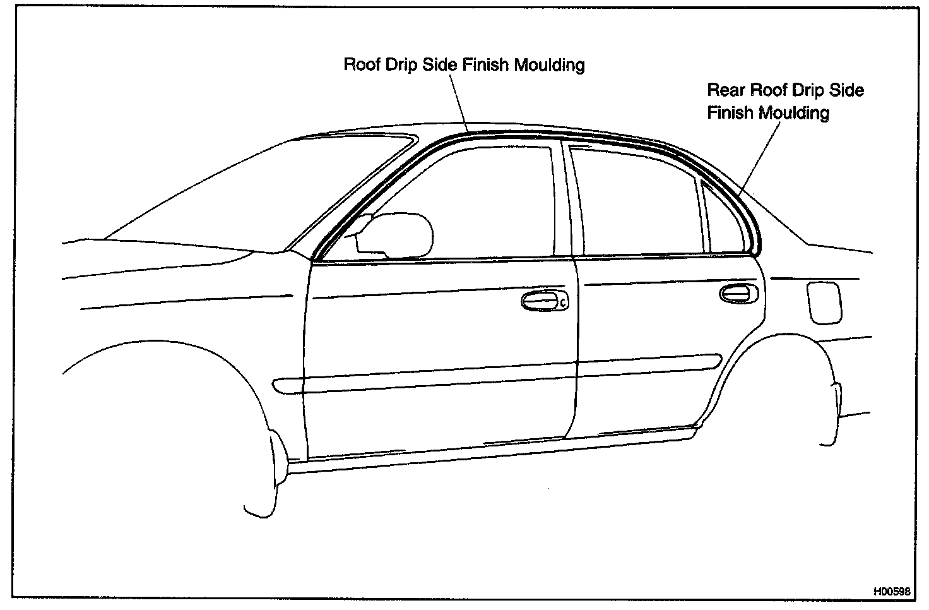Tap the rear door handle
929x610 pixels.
[738, 294]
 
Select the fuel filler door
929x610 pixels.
[823, 302]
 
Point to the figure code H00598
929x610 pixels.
[892, 592]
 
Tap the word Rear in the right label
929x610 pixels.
[726, 90]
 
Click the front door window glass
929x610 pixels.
[480, 202]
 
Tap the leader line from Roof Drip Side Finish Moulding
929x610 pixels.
[459, 101]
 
